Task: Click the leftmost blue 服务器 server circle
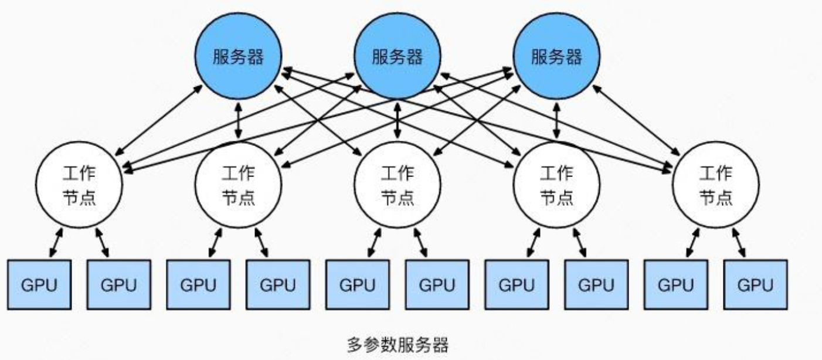pyautogui.click(x=238, y=57)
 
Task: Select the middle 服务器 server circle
pyautogui.click(x=398, y=57)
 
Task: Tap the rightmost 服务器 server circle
pyautogui.click(x=556, y=57)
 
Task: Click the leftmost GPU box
pyautogui.click(x=39, y=286)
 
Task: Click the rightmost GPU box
pyautogui.click(x=755, y=286)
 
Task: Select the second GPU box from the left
pyautogui.click(x=118, y=286)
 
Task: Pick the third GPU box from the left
pyautogui.click(x=198, y=286)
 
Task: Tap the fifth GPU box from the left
pyautogui.click(x=357, y=286)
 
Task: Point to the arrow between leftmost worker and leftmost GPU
pyautogui.click(x=57, y=242)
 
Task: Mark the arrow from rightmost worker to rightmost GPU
pyautogui.click(x=738, y=242)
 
